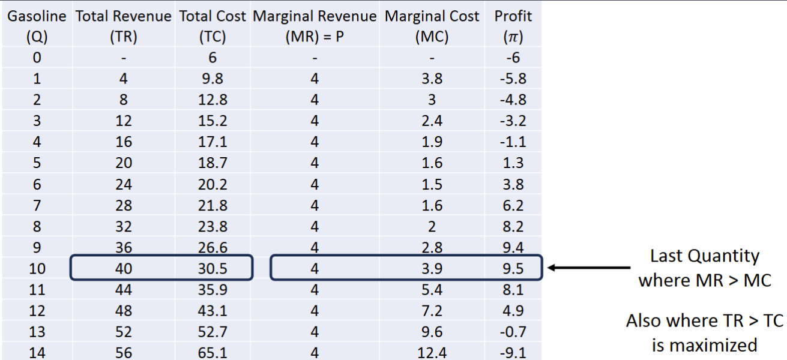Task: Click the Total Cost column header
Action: pyautogui.click(x=213, y=26)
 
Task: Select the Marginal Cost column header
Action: pyautogui.click(x=432, y=26)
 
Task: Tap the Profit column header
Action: pyautogui.click(x=513, y=26)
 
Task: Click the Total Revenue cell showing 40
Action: pyautogui.click(x=124, y=269)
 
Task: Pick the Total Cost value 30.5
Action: pyautogui.click(x=213, y=269)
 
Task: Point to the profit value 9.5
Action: pyautogui.click(x=512, y=269)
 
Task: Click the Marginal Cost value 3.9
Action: pyautogui.click(x=432, y=269)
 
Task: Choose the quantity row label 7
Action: pyautogui.click(x=37, y=206)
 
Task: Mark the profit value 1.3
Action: pyautogui.click(x=512, y=164)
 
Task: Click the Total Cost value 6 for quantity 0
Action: pyautogui.click(x=213, y=58)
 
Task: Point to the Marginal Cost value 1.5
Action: pyautogui.click(x=432, y=185)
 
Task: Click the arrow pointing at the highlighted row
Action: pyautogui.click(x=588, y=268)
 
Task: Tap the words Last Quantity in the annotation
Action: pyautogui.click(x=704, y=256)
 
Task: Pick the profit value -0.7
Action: pyautogui.click(x=512, y=332)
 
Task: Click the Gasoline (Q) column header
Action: pyautogui.click(x=37, y=26)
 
